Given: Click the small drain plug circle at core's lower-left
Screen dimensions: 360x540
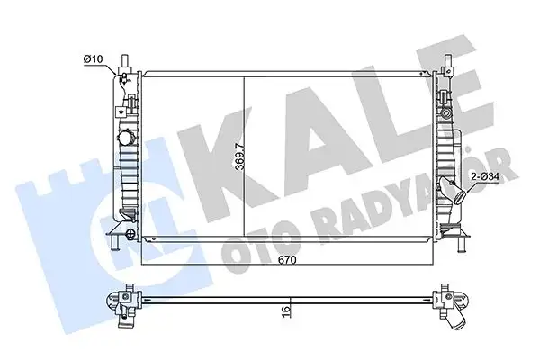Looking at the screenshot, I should coord(133,237).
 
